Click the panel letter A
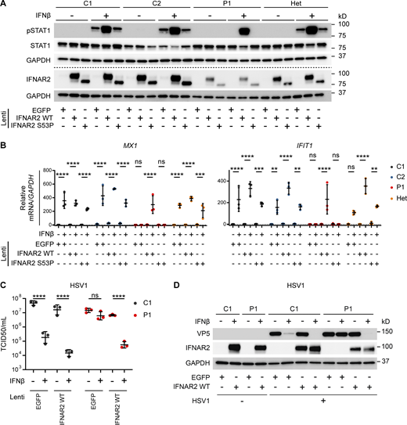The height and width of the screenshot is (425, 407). pos(5,5)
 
